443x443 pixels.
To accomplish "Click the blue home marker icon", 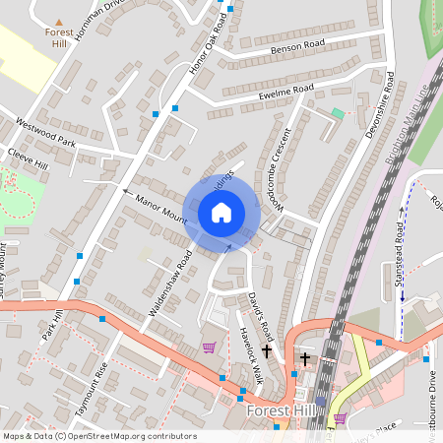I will pos(221,212).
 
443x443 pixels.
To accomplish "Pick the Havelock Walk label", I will pos(252,355).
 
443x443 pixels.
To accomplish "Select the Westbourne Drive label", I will pos(434,394).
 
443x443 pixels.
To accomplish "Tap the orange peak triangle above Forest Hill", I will pos(59,21).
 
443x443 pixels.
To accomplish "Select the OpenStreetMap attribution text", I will pos(98,436).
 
